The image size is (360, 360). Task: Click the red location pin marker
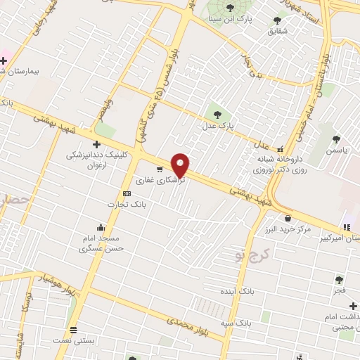pyautogui.click(x=181, y=165)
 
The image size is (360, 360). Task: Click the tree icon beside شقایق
pyautogui.click(x=274, y=20)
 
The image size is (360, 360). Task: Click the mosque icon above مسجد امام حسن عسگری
pyautogui.click(x=101, y=227)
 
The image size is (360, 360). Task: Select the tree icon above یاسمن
pyautogui.click(x=337, y=139)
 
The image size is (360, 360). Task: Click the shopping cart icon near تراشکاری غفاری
pyautogui.click(x=160, y=169)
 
